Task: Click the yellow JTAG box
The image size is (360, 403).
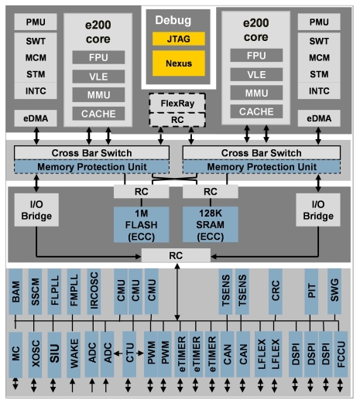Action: pos(180,36)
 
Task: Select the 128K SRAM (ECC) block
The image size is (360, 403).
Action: pos(210,226)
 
